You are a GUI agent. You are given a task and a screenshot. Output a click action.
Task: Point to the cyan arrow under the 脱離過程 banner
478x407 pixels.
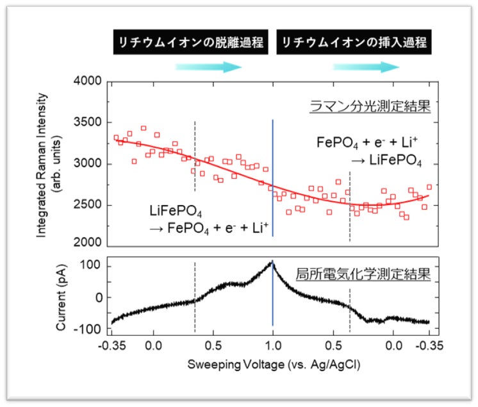tap(208, 67)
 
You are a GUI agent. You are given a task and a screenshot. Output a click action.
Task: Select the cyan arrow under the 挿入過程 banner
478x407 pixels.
tap(383, 67)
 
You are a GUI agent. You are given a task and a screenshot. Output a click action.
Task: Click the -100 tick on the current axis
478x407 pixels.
tap(92, 329)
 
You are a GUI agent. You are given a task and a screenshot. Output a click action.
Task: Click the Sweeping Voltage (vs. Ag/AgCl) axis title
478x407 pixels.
tap(273, 365)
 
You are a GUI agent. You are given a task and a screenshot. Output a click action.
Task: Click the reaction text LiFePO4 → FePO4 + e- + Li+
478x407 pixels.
tap(208, 219)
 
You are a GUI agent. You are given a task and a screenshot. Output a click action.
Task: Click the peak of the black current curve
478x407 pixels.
tap(272, 262)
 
